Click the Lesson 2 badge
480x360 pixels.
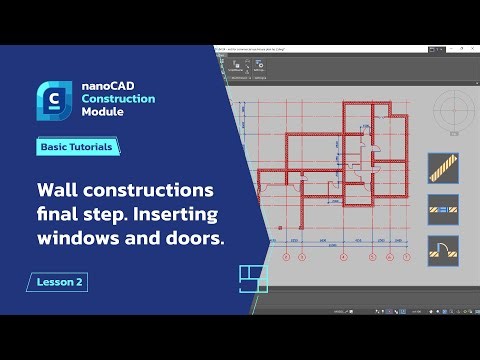tap(57, 281)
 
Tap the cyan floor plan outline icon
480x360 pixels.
tap(253, 280)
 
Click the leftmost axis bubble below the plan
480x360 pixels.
tap(286, 257)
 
